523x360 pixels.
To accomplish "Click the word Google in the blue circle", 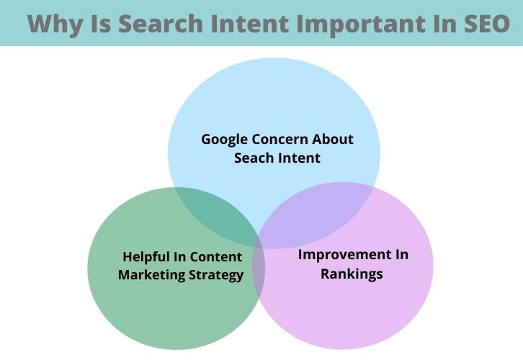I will [x=224, y=139].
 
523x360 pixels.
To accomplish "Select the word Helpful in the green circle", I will [x=147, y=256].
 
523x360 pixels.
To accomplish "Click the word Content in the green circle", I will [x=218, y=256].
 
